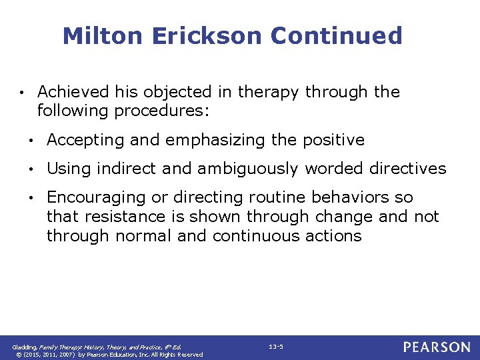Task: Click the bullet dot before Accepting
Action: click(x=31, y=141)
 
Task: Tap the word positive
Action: click(x=333, y=140)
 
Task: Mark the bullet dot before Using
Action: click(x=31, y=169)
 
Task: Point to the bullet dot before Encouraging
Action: click(x=31, y=198)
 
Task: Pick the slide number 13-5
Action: click(x=275, y=347)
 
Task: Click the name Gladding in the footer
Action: click(x=27, y=347)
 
